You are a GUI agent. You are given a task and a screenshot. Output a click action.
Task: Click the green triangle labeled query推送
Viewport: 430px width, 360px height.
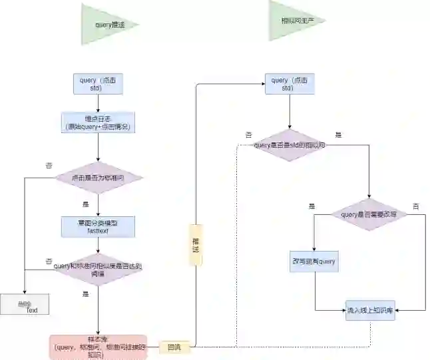pyautogui.click(x=107, y=25)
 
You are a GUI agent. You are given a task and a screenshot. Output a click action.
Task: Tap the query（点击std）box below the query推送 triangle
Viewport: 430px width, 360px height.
pyautogui.click(x=99, y=84)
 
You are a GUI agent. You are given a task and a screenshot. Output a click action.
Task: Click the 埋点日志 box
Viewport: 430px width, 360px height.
pyautogui.click(x=99, y=122)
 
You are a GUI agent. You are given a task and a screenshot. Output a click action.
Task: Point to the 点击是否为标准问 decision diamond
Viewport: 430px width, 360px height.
pyautogui.click(x=99, y=178)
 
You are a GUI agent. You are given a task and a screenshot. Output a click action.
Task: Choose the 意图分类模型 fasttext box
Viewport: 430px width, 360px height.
pyautogui.click(x=99, y=226)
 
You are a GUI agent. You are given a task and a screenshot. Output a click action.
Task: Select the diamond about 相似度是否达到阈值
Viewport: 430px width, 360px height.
pyautogui.click(x=99, y=269)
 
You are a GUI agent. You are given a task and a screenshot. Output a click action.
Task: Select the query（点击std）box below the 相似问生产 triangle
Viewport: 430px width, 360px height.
pyautogui.click(x=290, y=84)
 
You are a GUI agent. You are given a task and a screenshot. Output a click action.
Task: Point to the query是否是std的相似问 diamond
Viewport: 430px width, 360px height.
pyautogui.click(x=290, y=144)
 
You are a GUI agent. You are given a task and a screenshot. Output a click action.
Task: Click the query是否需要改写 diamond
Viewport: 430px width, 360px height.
pyautogui.click(x=369, y=214)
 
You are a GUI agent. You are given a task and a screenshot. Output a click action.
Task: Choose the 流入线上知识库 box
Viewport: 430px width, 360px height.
pyautogui.click(x=370, y=310)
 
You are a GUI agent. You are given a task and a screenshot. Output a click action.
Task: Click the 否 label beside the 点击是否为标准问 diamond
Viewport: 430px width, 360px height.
pyautogui.click(x=49, y=165)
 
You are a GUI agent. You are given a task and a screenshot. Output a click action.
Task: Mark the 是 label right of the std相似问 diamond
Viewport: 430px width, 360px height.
pyautogui.click(x=338, y=135)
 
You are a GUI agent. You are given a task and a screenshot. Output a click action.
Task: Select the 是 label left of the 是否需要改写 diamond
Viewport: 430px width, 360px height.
pyautogui.click(x=312, y=206)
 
